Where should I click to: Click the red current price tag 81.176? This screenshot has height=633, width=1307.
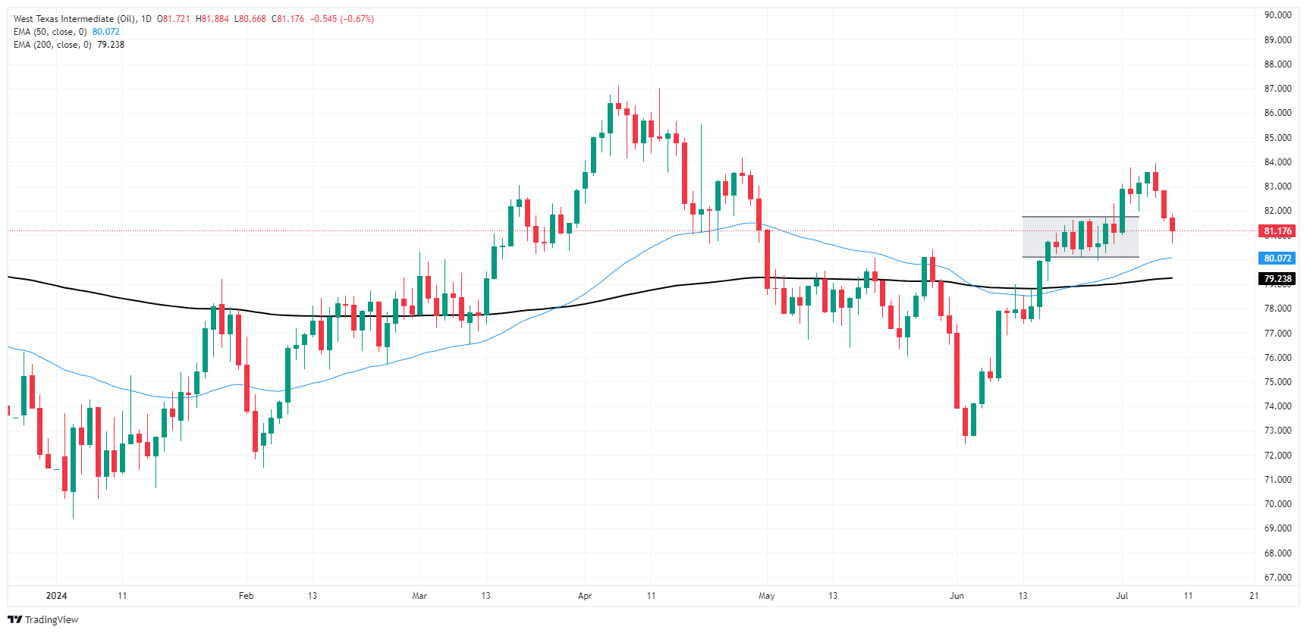click(1277, 231)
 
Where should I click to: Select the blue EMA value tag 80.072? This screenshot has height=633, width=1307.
click(1277, 259)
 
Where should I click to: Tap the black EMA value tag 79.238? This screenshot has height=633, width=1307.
click(1277, 279)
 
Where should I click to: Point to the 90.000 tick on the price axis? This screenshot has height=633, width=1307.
click(1277, 15)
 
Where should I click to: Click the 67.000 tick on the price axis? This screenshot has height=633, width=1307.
click(1277, 578)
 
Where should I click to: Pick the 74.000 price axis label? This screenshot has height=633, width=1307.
click(1277, 406)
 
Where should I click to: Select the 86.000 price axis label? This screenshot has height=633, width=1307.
click(1277, 113)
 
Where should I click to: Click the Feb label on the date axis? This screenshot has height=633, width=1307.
click(246, 596)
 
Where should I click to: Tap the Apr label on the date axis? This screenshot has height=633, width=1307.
click(585, 596)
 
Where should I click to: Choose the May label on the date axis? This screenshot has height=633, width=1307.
click(767, 596)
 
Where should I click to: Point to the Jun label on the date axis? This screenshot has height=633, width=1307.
click(957, 596)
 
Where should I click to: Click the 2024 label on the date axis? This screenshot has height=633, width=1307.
click(57, 596)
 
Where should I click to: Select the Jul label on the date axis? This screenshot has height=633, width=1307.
click(1122, 596)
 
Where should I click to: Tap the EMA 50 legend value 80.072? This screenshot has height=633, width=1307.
click(106, 32)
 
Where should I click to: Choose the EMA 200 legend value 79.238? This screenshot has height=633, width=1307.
click(111, 45)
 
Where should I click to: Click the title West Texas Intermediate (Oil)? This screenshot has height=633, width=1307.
click(74, 19)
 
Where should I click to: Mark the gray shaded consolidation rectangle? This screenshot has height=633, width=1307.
click(1080, 237)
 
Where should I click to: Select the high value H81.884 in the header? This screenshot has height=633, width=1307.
click(212, 19)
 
